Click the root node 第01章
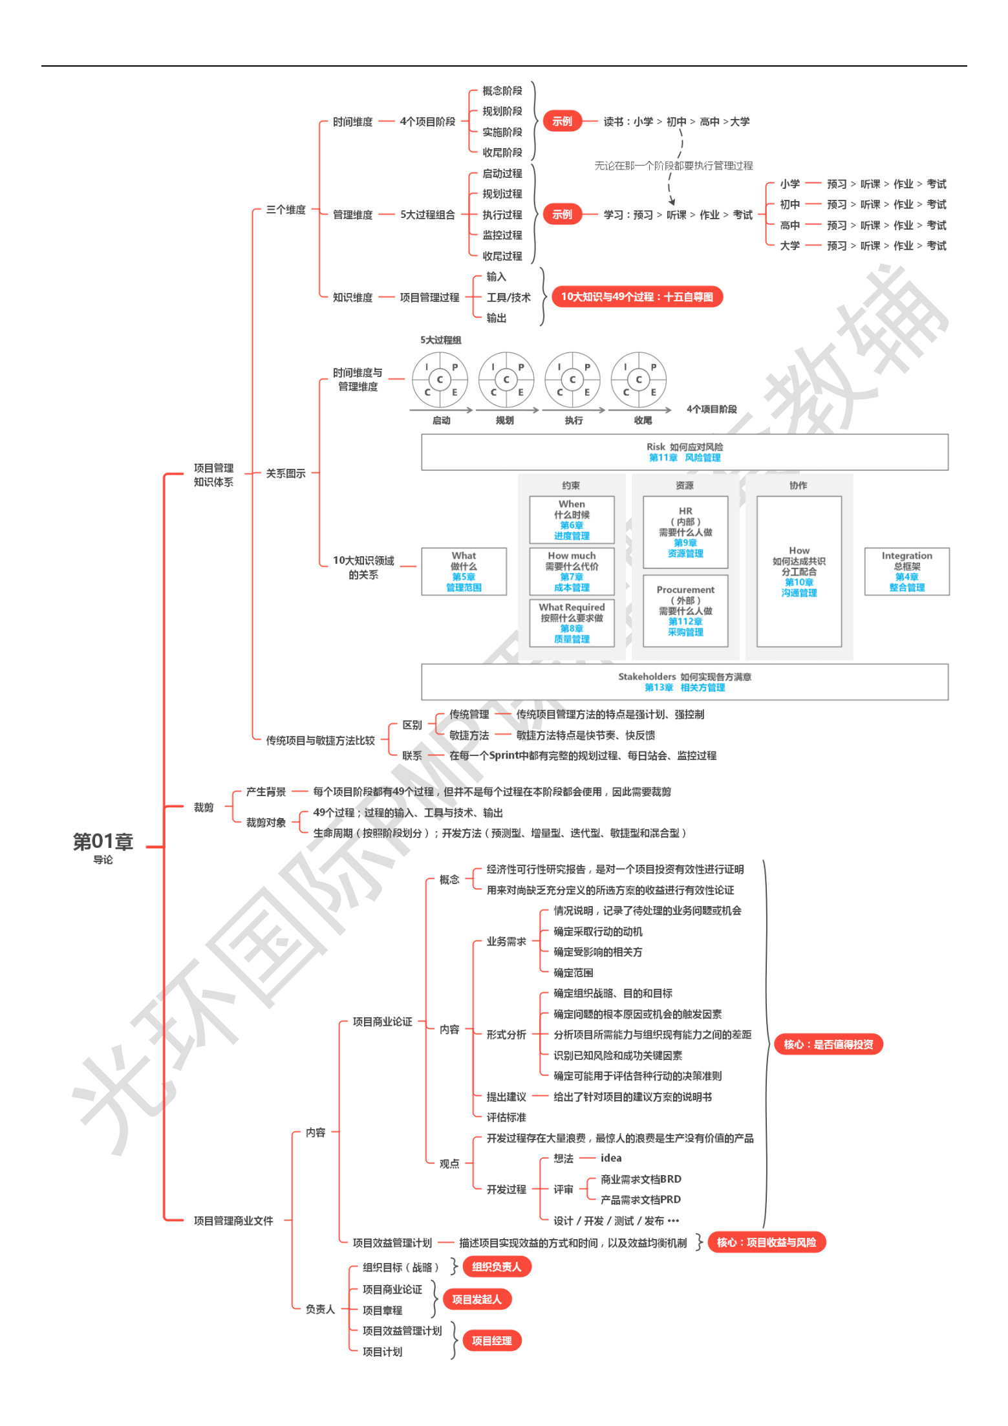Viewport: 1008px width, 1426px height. [x=103, y=843]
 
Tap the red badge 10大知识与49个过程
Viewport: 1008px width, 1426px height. [x=636, y=297]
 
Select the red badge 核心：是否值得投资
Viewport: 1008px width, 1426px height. [x=828, y=1044]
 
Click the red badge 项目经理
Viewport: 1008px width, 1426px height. [x=491, y=1341]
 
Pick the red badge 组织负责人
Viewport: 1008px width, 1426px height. [x=496, y=1267]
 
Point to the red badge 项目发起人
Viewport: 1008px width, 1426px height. [x=477, y=1299]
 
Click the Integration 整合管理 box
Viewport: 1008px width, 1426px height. [x=906, y=572]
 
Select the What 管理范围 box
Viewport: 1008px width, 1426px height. [x=464, y=572]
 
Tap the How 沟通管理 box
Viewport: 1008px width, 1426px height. [x=799, y=572]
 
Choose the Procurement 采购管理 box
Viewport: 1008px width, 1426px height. [x=685, y=610]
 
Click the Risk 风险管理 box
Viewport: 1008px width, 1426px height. [x=684, y=452]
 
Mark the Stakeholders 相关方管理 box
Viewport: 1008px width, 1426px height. [x=684, y=682]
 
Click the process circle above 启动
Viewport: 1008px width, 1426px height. [x=440, y=380]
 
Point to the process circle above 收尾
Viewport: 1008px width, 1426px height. [x=638, y=380]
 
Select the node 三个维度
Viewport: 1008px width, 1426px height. [x=286, y=210]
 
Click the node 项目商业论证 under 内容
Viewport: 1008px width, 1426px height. [x=382, y=1022]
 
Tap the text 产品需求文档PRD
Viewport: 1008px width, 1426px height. [x=640, y=1200]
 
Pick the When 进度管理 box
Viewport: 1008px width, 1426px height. [x=572, y=520]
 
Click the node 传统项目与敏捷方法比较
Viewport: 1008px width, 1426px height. [x=320, y=740]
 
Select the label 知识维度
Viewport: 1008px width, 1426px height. [x=352, y=297]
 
